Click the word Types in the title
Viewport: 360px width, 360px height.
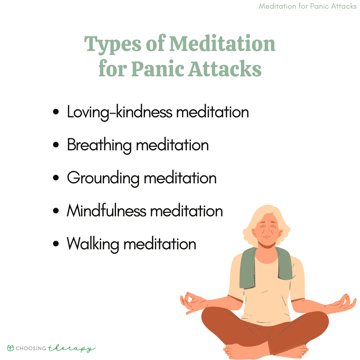coord(113,45)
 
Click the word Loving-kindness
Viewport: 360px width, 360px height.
coord(120,112)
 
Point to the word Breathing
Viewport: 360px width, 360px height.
coord(99,145)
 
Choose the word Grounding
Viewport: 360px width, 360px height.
coord(103,178)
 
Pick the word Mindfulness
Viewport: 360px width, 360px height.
coord(107,211)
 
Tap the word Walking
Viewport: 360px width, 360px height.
coord(93,244)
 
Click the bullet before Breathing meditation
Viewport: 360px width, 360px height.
coord(56,145)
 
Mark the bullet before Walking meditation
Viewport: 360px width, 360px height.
coord(56,244)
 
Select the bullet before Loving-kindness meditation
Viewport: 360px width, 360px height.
coord(56,112)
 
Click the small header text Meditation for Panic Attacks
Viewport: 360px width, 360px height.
coord(308,6)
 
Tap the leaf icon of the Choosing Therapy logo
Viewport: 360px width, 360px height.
coord(10,348)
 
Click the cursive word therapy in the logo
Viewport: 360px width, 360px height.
coord(71,349)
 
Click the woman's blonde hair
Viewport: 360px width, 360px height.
coord(266,220)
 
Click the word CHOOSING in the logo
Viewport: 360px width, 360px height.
coord(31,348)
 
